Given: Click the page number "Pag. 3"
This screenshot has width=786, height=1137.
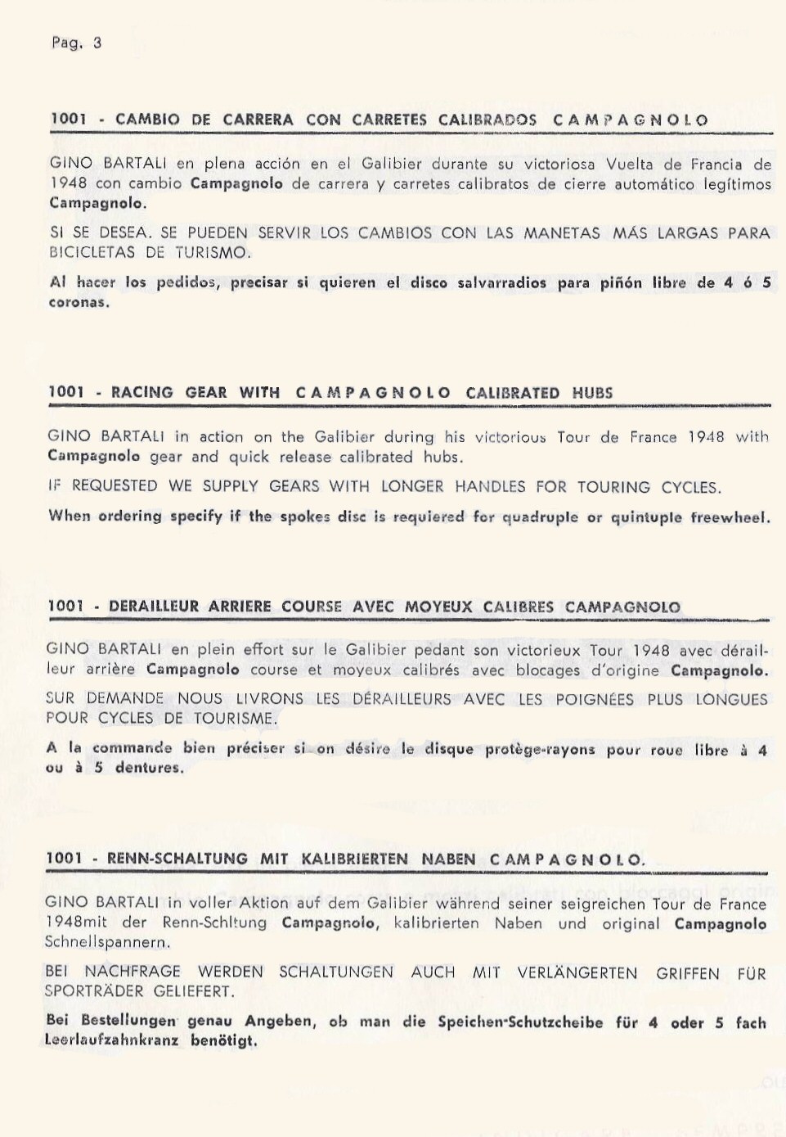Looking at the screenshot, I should click(x=76, y=43).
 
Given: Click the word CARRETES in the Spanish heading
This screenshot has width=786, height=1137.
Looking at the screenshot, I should click(x=389, y=120).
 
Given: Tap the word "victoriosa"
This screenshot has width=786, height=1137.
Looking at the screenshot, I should click(x=559, y=164).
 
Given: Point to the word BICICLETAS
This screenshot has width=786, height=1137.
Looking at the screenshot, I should click(x=92, y=252).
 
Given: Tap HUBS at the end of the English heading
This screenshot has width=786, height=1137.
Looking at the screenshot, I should click(x=592, y=393).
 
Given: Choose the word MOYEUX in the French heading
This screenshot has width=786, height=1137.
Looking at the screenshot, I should click(x=438, y=607).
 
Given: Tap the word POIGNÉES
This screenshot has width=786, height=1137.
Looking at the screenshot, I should click(x=595, y=699).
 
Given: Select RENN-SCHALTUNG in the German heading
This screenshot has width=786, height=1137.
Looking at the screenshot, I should click(x=177, y=859).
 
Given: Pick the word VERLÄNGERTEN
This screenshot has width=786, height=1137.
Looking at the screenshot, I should click(x=577, y=972).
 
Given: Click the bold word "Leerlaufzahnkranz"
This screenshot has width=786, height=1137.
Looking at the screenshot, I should click(x=111, y=1040).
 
